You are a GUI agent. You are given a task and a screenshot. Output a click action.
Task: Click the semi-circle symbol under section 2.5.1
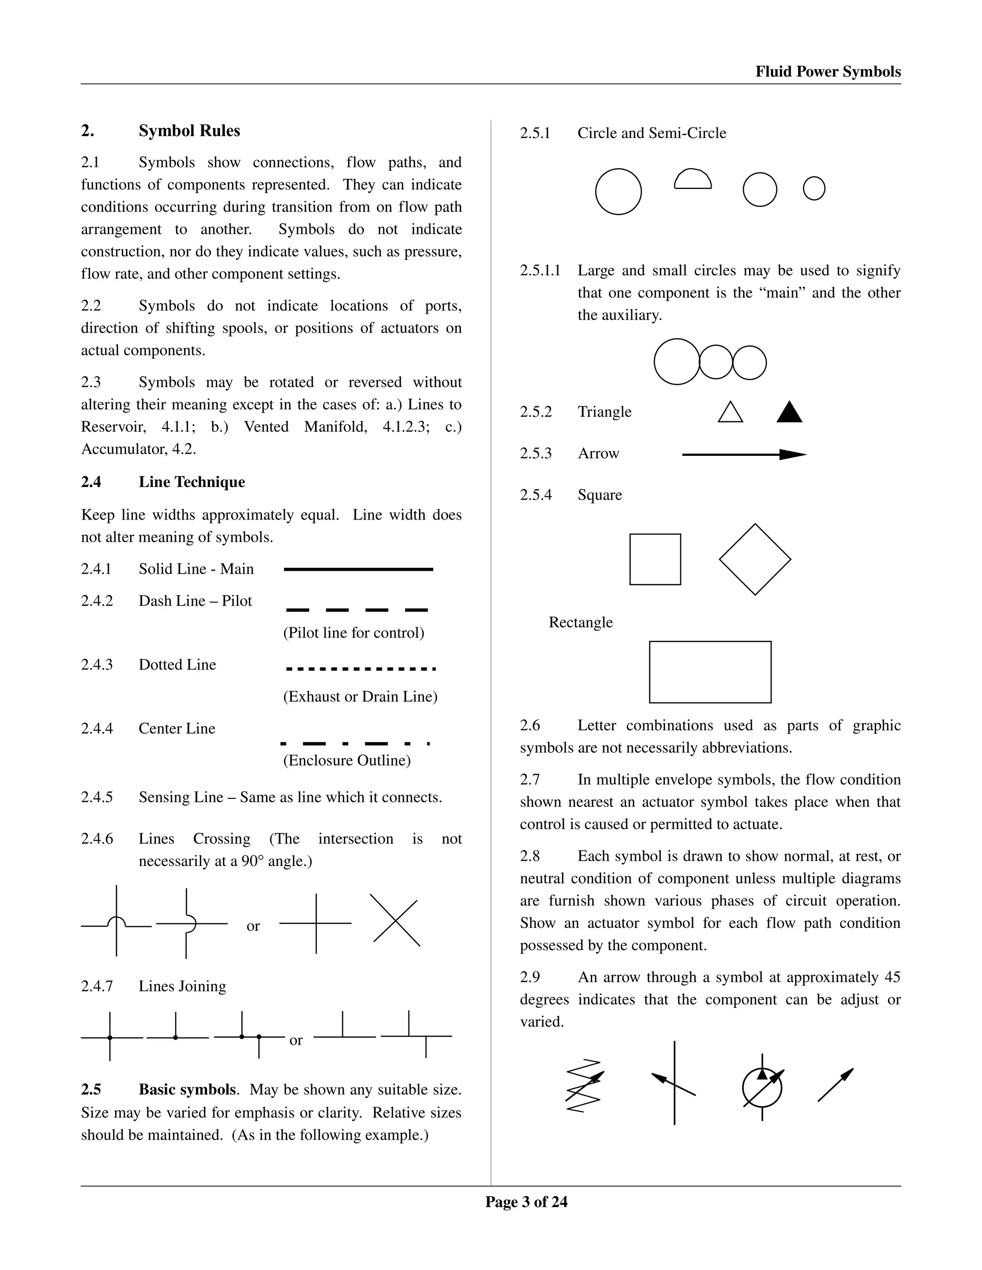(x=692, y=180)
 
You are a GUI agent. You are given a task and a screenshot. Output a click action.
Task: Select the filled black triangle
(x=789, y=413)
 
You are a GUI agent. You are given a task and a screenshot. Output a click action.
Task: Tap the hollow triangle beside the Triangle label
(x=730, y=413)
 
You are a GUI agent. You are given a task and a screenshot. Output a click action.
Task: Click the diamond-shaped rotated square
(x=755, y=559)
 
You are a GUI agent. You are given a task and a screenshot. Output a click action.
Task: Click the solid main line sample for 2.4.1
(x=358, y=569)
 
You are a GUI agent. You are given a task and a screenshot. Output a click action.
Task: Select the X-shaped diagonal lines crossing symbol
(x=396, y=921)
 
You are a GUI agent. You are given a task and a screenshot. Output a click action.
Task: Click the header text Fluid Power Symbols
(x=828, y=71)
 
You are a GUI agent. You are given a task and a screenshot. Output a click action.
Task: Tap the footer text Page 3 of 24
(x=526, y=1202)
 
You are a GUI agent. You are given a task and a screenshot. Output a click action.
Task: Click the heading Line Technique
(x=191, y=482)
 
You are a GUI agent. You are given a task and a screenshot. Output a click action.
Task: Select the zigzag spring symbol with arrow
(x=584, y=1085)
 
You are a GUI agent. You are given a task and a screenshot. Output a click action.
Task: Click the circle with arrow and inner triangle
(x=762, y=1087)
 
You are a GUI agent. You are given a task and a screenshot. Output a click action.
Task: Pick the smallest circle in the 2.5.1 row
(x=814, y=188)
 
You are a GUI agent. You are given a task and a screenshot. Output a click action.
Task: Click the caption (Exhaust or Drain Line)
(x=360, y=697)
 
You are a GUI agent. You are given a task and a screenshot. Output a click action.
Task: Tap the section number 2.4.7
(x=96, y=986)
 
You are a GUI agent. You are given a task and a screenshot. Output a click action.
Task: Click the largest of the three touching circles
(x=677, y=362)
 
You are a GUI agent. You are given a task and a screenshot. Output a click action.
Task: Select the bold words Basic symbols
(x=188, y=1090)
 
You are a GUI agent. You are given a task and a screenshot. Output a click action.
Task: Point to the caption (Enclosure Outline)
(x=347, y=761)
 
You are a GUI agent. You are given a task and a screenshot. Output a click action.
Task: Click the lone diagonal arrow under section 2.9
(x=835, y=1085)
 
